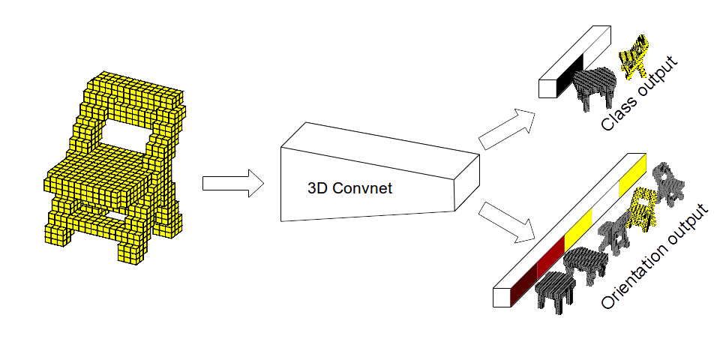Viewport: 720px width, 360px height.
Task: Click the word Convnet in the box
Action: [x=365, y=188]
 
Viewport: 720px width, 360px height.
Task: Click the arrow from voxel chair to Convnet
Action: [x=232, y=184]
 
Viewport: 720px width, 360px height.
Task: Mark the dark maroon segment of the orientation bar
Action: [x=523, y=281]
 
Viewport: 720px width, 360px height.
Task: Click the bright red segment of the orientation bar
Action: [x=551, y=256]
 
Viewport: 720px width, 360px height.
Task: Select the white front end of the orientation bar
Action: [x=501, y=298]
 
